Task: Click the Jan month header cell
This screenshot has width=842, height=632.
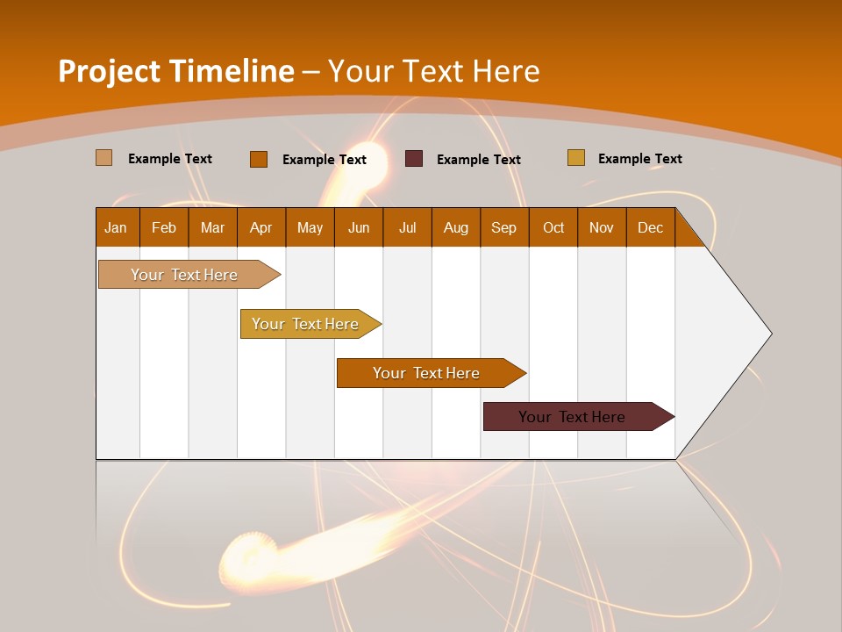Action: point(117,227)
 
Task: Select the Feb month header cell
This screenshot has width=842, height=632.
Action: point(164,227)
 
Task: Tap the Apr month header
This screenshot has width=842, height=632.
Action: point(261,227)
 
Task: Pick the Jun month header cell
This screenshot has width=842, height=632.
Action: point(359,227)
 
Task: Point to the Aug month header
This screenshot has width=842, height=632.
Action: point(456,227)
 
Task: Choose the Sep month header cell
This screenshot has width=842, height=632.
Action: point(504,227)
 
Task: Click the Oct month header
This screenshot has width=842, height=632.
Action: point(553,227)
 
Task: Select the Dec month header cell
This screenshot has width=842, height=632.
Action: point(651,227)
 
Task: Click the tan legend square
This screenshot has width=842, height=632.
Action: point(104,158)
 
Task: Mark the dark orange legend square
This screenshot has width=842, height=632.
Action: point(259,159)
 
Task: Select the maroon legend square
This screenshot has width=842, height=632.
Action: point(414,159)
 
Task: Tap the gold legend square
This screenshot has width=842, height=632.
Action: point(576,158)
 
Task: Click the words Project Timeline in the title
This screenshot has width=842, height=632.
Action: point(176,71)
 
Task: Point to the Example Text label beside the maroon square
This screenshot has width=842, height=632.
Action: point(479,160)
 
